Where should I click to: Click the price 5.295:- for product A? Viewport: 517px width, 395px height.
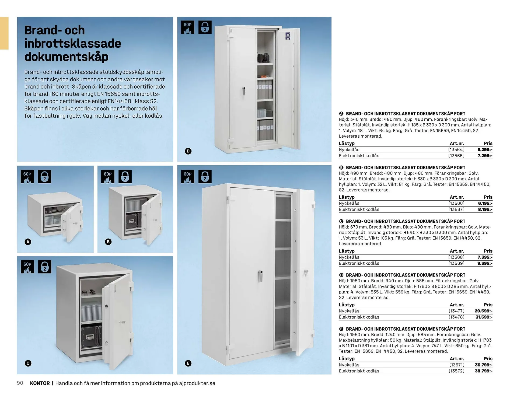pyautogui.click(x=485, y=150)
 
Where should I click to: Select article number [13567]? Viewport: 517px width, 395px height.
pyautogui.click(x=456, y=209)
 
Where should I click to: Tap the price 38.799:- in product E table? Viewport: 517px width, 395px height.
pyautogui.click(x=484, y=371)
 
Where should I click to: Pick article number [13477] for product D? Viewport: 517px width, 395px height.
pyautogui.click(x=456, y=311)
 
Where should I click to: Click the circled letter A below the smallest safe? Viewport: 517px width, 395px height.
pyautogui.click(x=28, y=242)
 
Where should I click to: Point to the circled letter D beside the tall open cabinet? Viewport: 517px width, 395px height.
pyautogui.click(x=188, y=151)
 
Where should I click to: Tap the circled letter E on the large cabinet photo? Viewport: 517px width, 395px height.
pyautogui.click(x=188, y=363)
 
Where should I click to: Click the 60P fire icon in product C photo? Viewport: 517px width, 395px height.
pyautogui.click(x=27, y=267)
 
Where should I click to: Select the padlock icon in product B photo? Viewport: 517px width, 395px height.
pyautogui.click(x=125, y=177)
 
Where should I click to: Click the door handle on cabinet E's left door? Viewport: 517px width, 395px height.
pyautogui.click(x=260, y=276)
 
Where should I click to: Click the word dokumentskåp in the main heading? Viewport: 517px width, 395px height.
pyautogui.click(x=66, y=57)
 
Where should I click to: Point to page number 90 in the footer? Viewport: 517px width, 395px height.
pyautogui.click(x=20, y=383)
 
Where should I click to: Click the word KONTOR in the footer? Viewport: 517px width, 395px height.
pyautogui.click(x=40, y=383)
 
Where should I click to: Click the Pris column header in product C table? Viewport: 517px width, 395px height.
pyautogui.click(x=488, y=251)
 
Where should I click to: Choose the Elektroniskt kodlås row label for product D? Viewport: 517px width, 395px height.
pyautogui.click(x=359, y=317)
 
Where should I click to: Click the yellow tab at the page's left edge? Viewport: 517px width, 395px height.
pyautogui.click(x=4, y=33)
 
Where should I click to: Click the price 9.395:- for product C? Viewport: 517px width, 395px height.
pyautogui.click(x=485, y=263)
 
